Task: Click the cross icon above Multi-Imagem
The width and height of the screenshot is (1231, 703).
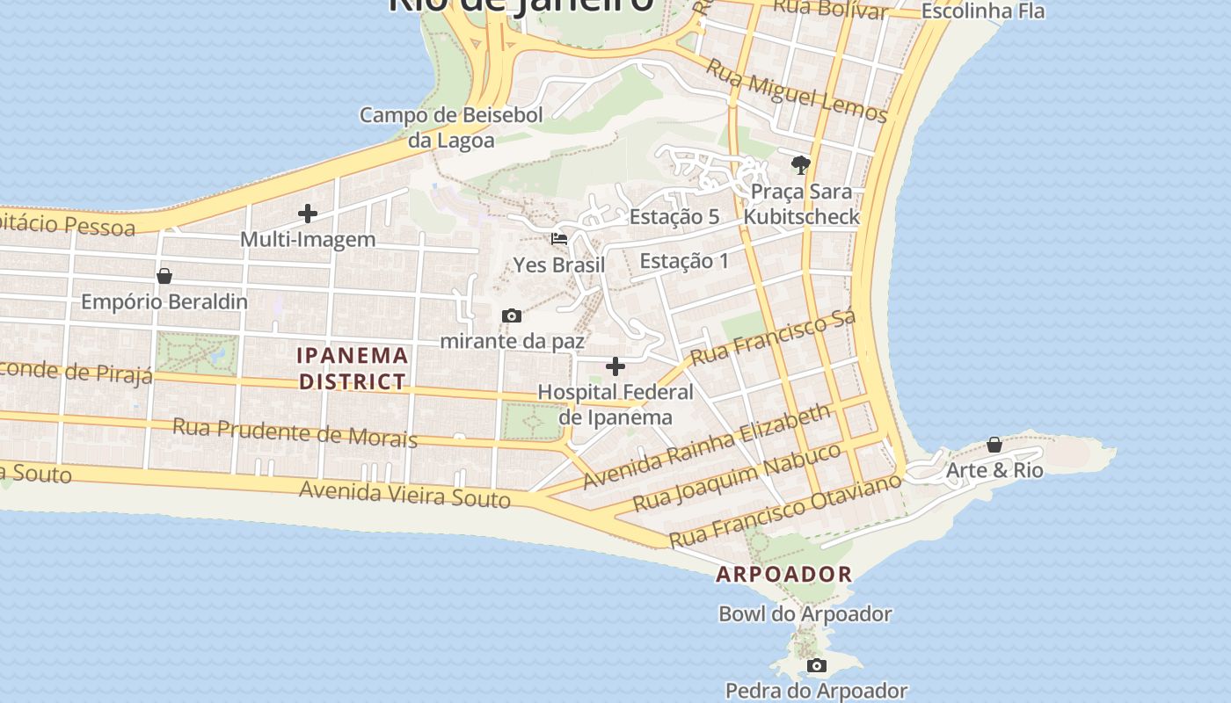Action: [x=308, y=214]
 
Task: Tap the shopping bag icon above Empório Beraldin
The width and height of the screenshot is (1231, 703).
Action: [x=164, y=276]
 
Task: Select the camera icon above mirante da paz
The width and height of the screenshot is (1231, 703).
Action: [x=511, y=315]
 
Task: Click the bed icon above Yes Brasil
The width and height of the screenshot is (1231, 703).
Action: [x=558, y=238]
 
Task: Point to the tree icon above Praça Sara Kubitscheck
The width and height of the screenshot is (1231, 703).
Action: [x=800, y=164]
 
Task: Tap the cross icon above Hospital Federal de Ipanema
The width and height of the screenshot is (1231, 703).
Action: [x=615, y=366]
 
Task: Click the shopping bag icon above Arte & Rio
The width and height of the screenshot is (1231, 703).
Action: [x=994, y=445]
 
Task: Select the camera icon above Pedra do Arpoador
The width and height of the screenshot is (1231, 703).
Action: [x=817, y=665]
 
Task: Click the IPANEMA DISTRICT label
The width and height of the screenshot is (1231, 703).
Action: [x=353, y=368]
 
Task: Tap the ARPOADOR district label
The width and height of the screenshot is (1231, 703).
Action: [x=784, y=575]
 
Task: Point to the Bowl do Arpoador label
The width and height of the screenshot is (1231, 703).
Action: [x=805, y=614]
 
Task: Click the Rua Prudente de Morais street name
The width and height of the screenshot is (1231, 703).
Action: [x=295, y=432]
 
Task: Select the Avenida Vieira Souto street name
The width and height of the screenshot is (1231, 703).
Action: [x=404, y=494]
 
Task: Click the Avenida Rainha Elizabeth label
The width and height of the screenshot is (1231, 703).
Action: [x=707, y=446]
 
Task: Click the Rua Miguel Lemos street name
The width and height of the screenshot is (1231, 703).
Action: [x=797, y=91]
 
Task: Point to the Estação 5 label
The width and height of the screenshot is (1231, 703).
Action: [x=674, y=217]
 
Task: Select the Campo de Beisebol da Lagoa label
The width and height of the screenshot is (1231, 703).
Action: [x=451, y=127]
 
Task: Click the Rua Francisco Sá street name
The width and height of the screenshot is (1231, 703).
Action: [x=773, y=338]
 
